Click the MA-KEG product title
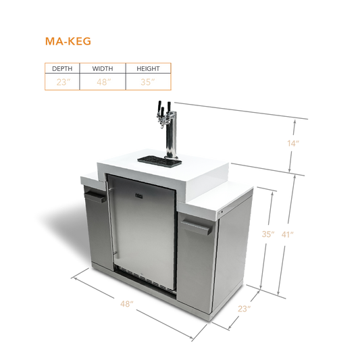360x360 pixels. (x=68, y=41)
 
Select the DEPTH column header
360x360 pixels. (x=62, y=69)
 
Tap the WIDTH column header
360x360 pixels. (x=103, y=69)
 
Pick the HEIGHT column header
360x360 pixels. (x=148, y=69)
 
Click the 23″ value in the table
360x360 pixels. (x=63, y=82)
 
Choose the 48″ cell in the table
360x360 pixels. (x=103, y=82)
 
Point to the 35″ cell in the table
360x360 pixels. (x=148, y=82)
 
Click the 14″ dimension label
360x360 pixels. (x=293, y=143)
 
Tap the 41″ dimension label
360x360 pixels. (x=288, y=234)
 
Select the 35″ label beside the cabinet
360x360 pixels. (x=268, y=234)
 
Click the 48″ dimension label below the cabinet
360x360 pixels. (x=127, y=304)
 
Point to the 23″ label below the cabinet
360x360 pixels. (x=244, y=309)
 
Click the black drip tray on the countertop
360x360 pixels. (x=159, y=161)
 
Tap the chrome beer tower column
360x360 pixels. (x=172, y=135)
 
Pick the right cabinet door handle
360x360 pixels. (x=197, y=227)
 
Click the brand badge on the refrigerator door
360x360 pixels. (x=139, y=196)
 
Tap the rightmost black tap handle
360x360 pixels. (x=170, y=106)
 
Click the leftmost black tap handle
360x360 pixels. (x=159, y=106)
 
